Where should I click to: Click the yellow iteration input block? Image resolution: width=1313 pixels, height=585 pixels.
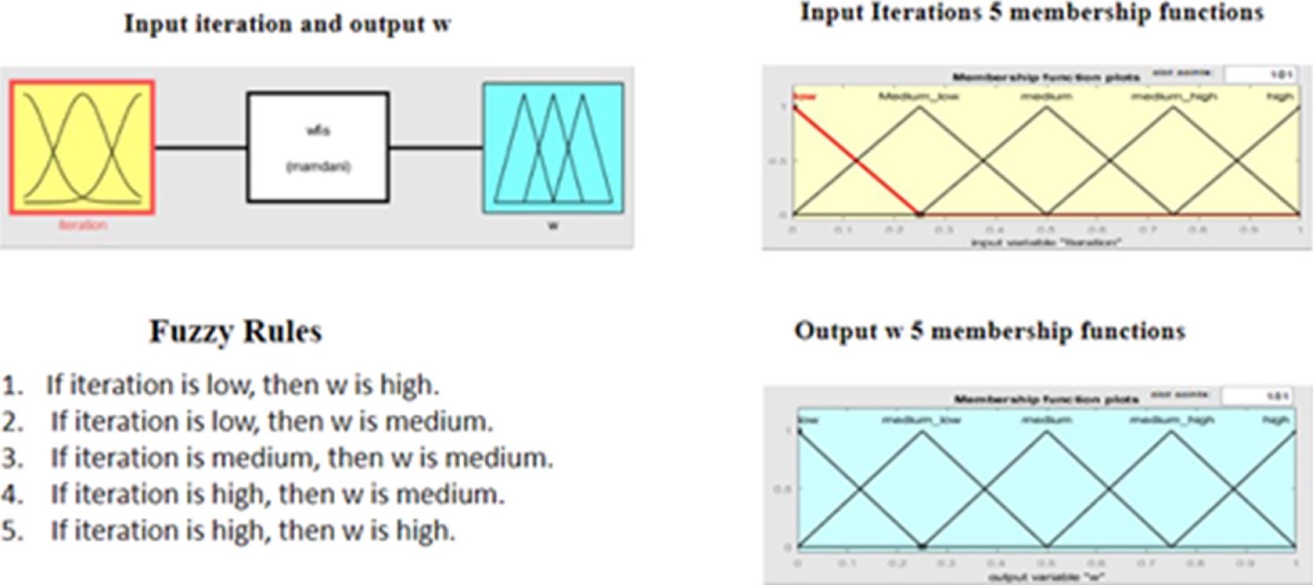pos(82,147)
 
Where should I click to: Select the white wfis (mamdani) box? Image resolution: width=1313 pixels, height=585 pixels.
pos(318,147)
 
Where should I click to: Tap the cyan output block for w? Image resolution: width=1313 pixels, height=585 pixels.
pos(553,147)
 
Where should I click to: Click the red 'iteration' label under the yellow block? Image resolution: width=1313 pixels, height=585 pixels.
pos(82,225)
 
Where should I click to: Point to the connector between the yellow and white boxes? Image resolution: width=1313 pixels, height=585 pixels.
pos(201,147)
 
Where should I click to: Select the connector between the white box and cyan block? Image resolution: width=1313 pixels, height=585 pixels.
pos(435,147)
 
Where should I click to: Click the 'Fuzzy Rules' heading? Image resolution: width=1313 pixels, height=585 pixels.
pos(235,331)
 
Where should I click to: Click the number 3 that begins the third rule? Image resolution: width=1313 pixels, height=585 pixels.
pos(11,458)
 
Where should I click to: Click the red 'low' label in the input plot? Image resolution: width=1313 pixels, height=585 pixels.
pos(805,97)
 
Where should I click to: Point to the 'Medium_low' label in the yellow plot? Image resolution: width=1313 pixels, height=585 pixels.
pos(918,96)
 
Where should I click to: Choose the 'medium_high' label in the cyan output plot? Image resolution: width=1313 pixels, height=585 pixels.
pos(1171,420)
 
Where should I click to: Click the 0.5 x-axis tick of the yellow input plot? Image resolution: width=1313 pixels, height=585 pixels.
pos(1046,230)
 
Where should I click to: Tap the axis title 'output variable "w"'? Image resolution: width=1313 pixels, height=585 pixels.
pos(1046,577)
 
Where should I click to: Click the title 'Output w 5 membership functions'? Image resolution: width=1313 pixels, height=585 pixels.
pos(989,331)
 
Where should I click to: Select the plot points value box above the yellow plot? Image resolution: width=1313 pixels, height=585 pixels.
pos(1261,75)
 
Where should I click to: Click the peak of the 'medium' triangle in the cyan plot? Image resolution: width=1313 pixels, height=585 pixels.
pos(1047,432)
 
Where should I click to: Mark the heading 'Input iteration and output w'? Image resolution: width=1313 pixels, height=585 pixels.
pos(287,24)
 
